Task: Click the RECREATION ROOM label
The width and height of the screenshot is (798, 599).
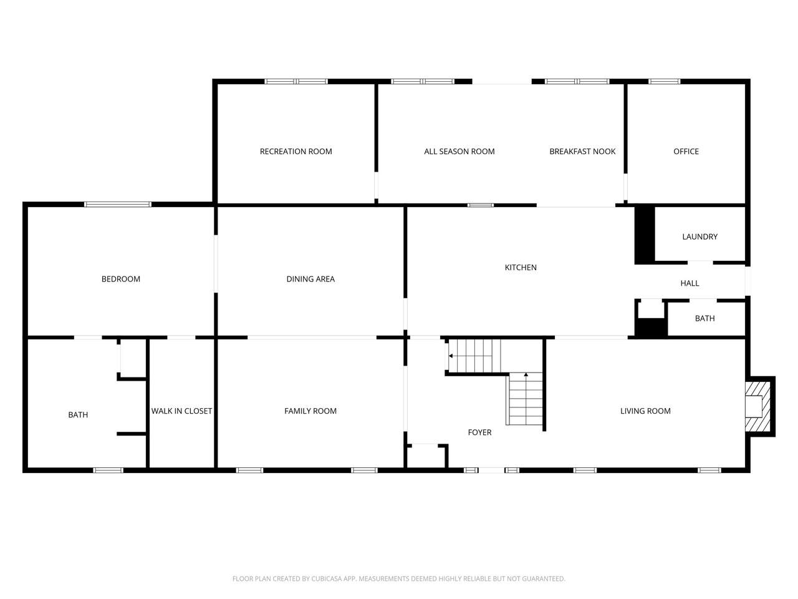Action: coord(296,151)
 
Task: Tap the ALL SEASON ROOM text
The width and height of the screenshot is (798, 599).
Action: coord(459,151)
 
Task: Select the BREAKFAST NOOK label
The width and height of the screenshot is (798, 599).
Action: coord(582,151)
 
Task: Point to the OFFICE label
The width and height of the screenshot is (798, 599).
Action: coord(686,151)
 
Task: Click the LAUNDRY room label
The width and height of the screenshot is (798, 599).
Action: coord(700,236)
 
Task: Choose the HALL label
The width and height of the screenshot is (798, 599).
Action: coord(690,283)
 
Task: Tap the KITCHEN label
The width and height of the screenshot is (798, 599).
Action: coord(521,267)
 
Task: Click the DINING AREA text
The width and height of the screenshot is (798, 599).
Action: coord(310,279)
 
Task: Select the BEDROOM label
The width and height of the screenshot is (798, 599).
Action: coord(121,279)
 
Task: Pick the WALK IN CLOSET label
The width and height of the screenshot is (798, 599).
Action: coord(181,411)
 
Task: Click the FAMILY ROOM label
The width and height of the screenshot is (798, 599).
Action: coord(310,411)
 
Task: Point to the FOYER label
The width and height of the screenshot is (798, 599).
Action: coord(479,432)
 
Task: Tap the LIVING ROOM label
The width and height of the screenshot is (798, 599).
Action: coord(645,411)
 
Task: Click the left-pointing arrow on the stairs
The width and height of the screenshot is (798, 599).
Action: coord(451,356)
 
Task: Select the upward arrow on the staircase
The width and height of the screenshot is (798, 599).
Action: coord(526,374)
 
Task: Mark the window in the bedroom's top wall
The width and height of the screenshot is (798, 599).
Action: coord(118,205)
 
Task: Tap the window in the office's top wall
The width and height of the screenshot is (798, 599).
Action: coord(664,82)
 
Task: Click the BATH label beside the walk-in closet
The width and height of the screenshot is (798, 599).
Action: coord(78,414)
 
